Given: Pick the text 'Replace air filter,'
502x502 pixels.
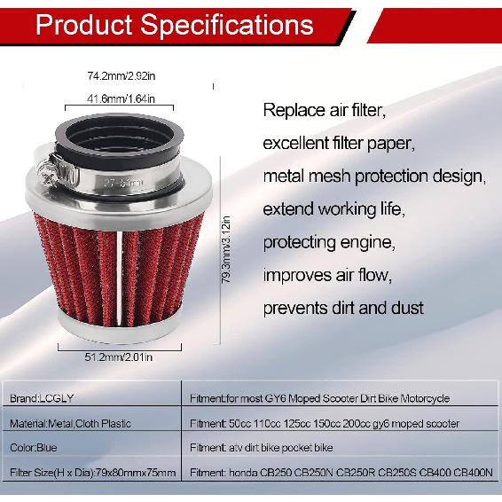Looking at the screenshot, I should [325, 112].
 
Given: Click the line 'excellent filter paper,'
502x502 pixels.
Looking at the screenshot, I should [339, 144].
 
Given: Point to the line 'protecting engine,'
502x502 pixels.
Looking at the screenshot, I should [328, 242].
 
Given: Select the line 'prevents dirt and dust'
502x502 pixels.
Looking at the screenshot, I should [343, 308].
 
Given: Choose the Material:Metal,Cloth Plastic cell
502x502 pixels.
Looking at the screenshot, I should [67, 423].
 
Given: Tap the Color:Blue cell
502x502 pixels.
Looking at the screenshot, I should [35, 448].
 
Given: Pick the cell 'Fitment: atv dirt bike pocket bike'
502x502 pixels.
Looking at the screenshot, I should [265, 448].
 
